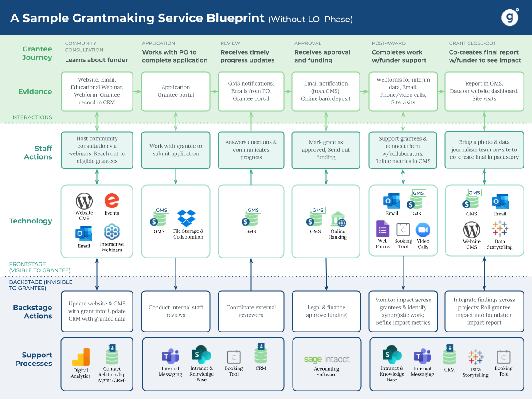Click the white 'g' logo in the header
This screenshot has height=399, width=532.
(510, 17)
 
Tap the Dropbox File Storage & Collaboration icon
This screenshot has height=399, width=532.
(187, 218)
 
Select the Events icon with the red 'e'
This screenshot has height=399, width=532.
(112, 201)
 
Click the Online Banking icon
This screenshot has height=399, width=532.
(338, 219)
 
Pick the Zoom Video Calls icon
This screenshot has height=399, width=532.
(423, 230)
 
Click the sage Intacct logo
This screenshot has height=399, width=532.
(327, 359)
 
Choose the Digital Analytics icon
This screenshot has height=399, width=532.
(81, 357)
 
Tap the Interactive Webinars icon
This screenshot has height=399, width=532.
(112, 232)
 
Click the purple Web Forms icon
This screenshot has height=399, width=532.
(383, 229)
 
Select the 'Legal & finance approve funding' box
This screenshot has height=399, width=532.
(326, 311)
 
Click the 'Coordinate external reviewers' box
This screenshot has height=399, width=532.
(251, 311)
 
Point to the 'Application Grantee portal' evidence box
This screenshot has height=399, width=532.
(176, 91)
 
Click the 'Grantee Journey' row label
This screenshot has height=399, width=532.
(37, 53)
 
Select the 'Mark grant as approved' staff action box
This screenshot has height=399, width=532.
(326, 150)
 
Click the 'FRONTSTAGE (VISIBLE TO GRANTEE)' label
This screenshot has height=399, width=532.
(39, 267)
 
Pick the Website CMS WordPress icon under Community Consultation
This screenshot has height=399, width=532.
(84, 202)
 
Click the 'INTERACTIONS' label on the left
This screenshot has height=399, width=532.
(31, 117)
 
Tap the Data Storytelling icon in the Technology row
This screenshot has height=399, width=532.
(500, 229)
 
